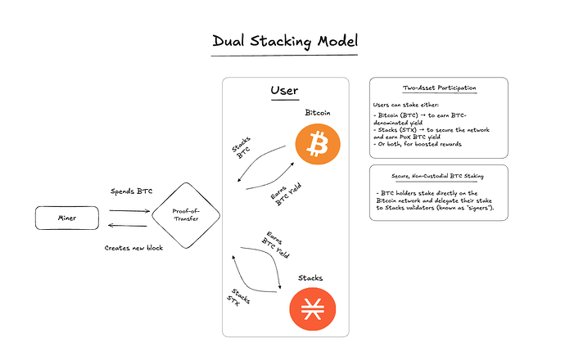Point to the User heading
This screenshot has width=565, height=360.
(x=284, y=91)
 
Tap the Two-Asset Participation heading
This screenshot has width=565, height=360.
(x=439, y=88)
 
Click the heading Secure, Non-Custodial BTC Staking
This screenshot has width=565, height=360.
(x=439, y=175)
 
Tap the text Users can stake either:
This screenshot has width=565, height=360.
(x=406, y=106)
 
